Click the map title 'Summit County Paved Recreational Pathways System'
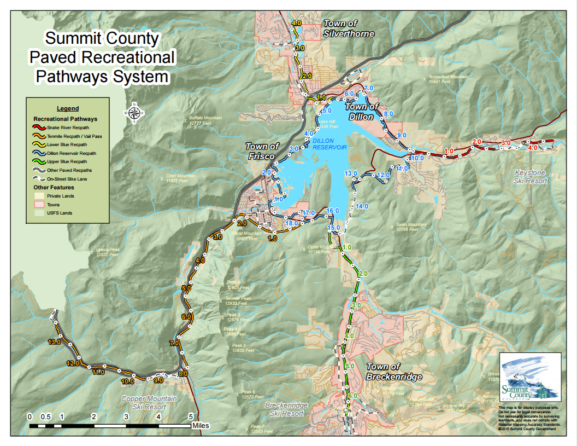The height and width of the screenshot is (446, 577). pos(102,57)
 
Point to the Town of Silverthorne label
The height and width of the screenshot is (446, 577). pos(349,28)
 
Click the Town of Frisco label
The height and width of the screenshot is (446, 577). pos(262,151)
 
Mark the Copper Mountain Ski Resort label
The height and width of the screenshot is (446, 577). pos(149,403)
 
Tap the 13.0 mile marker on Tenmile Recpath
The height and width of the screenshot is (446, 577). pos(54,342)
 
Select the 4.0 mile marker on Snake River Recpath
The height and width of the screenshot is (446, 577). pos(533,148)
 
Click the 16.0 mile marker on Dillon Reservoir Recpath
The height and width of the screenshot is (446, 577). pos(333,211)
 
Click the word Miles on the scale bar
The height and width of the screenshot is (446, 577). pos(201,425)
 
